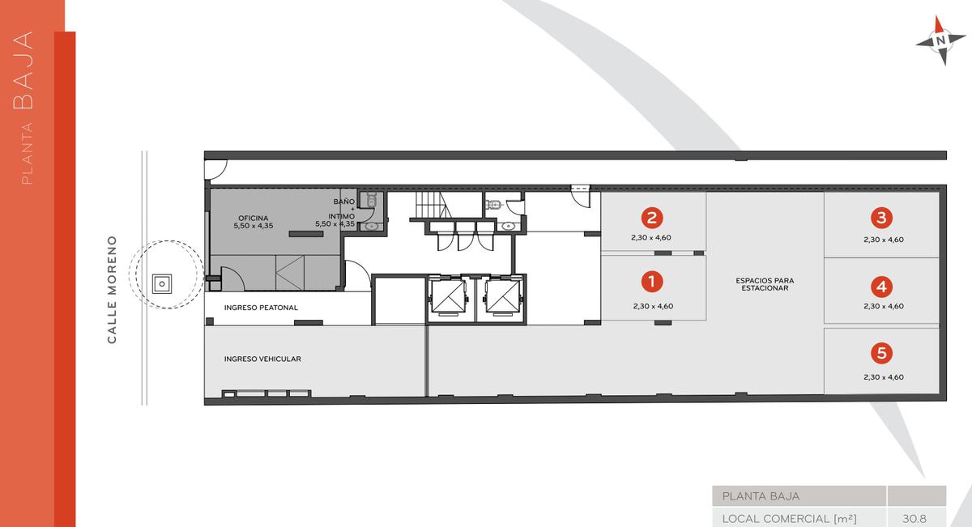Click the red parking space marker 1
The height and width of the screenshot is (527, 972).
click(x=652, y=282)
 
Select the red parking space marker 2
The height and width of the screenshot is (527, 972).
click(x=652, y=218)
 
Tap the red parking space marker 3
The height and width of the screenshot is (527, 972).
click(x=881, y=218)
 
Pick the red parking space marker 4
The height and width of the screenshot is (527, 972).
click(x=881, y=287)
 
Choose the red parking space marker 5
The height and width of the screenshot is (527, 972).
click(x=881, y=353)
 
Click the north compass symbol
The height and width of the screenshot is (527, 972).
click(x=940, y=40)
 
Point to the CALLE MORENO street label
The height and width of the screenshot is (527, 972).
click(x=112, y=290)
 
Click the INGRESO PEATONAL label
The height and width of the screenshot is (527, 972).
click(x=261, y=308)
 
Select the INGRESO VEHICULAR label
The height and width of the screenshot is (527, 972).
click(x=262, y=359)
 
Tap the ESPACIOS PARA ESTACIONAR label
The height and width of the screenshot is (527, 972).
click(x=765, y=284)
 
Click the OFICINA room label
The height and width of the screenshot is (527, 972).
click(x=254, y=219)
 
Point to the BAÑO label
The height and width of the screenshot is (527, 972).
click(x=344, y=202)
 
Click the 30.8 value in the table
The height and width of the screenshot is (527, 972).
click(x=914, y=518)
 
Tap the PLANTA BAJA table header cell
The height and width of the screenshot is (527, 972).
click(x=799, y=496)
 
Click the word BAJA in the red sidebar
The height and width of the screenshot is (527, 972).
click(x=23, y=70)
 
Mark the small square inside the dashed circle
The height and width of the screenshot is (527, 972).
click(x=162, y=284)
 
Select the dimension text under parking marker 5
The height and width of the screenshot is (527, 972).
click(x=884, y=377)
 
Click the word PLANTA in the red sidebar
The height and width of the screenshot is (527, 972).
click(x=27, y=154)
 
